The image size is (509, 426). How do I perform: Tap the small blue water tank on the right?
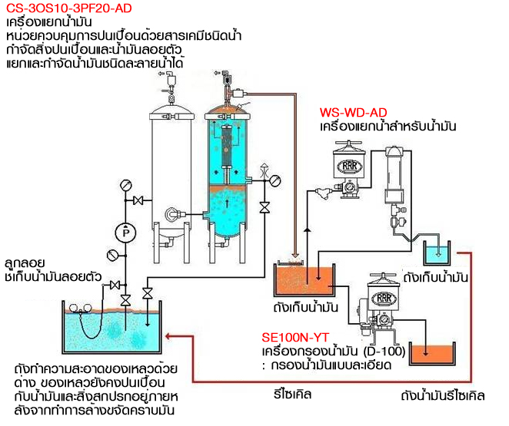tap(438, 254)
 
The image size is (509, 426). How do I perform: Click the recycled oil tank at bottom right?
tap(433, 354)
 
